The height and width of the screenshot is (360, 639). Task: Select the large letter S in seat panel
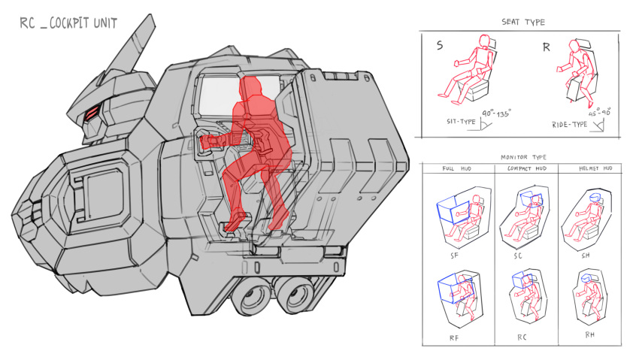pyautogui.click(x=439, y=47)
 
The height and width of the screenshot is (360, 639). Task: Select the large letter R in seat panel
pyautogui.click(x=546, y=47)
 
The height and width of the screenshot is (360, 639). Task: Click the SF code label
pyautogui.click(x=455, y=256)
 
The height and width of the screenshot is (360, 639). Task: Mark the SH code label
pyautogui.click(x=586, y=256)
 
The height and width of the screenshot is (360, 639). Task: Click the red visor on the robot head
pyautogui.click(x=92, y=113)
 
